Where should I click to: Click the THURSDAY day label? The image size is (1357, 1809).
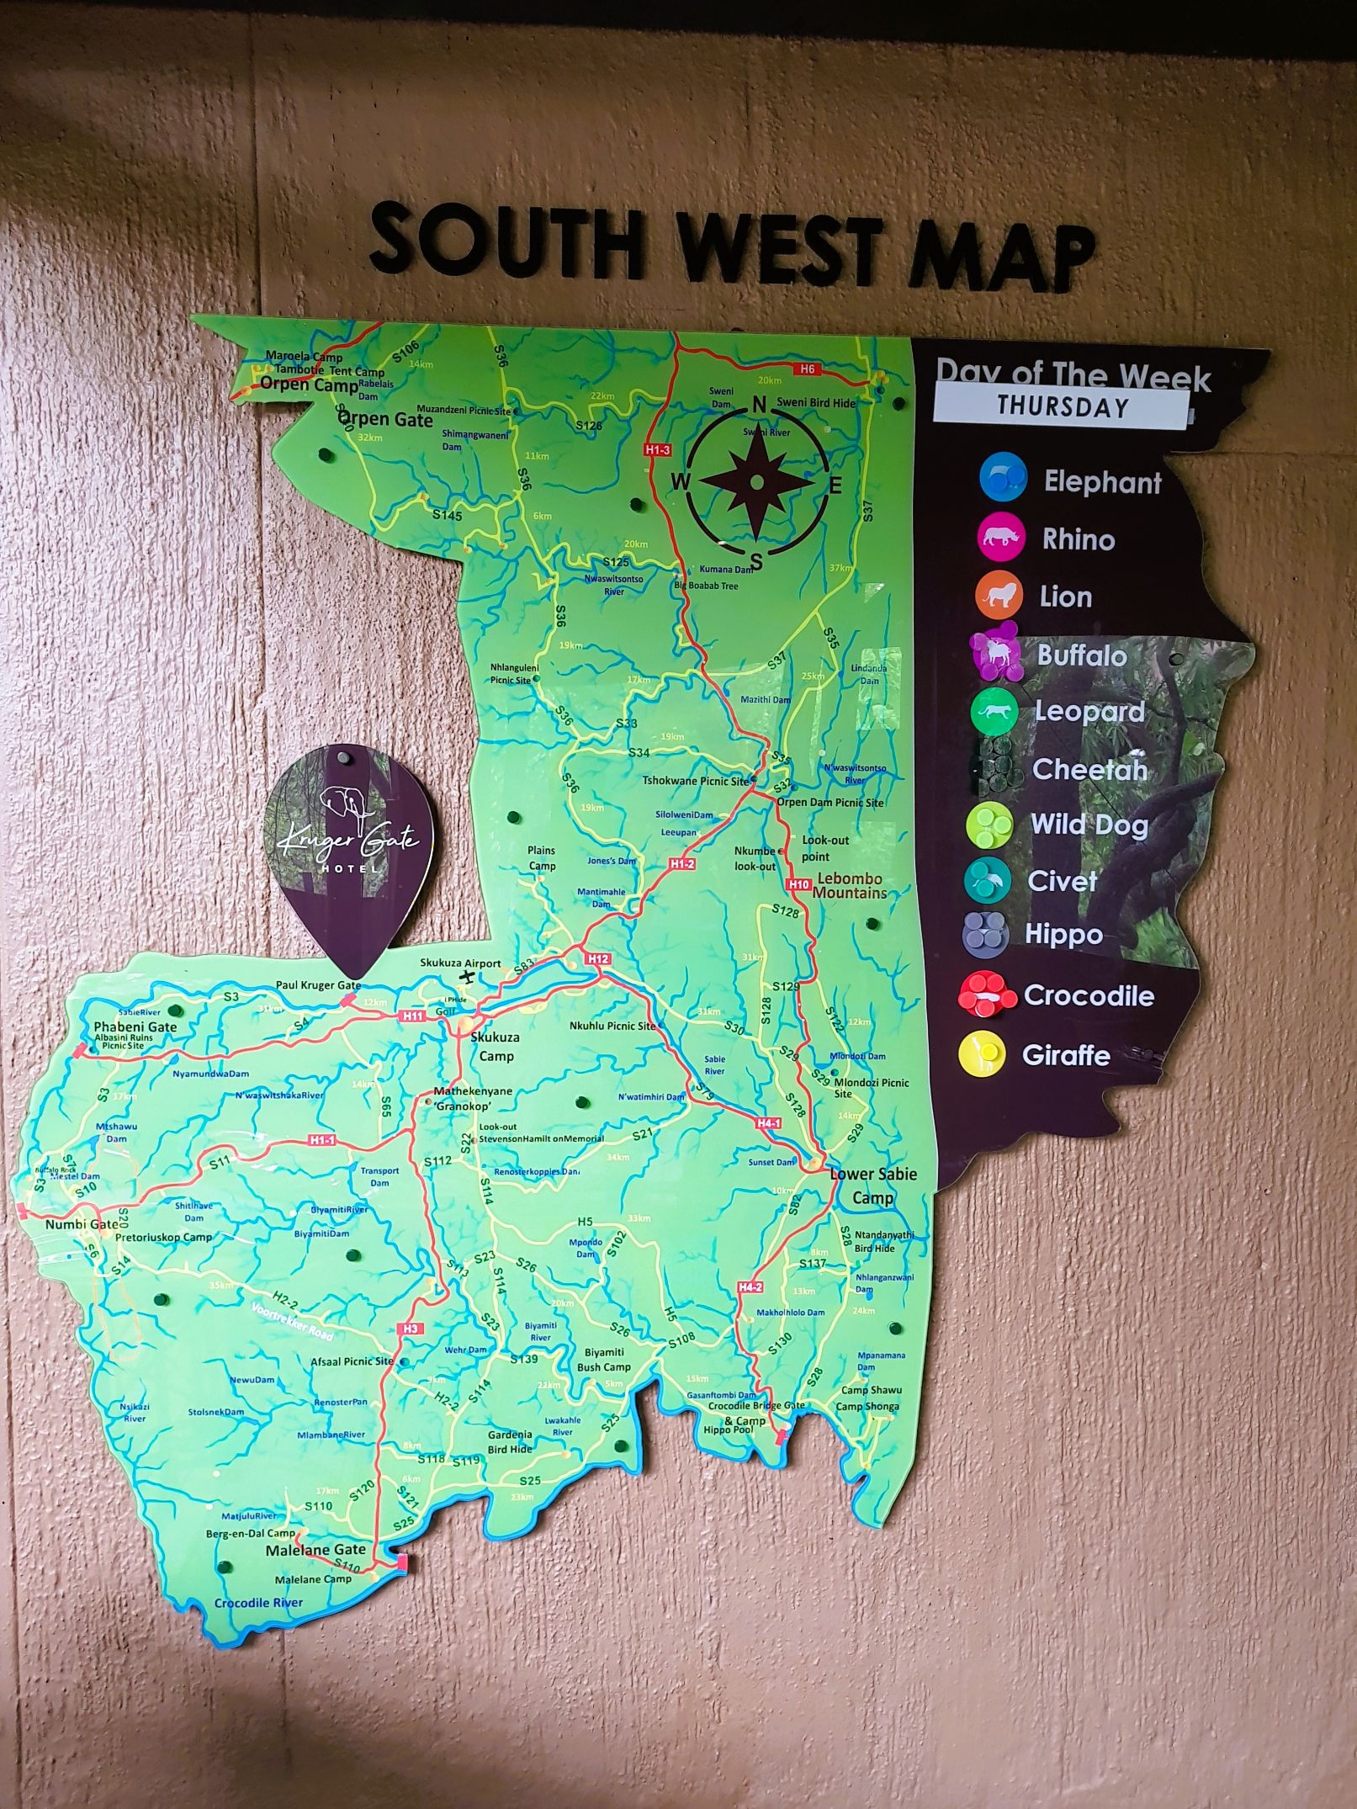point(1062,407)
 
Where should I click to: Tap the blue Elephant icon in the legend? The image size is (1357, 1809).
point(1003,478)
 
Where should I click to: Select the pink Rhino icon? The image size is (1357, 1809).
point(1000,537)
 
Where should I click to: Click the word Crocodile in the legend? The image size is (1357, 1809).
point(1089,995)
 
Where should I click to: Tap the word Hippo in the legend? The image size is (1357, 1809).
point(1063,934)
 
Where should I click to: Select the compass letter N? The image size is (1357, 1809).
point(758,405)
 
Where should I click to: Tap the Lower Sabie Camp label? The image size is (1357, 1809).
point(873,1186)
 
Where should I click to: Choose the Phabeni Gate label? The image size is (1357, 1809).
point(135,1027)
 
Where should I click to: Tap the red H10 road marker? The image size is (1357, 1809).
point(799,884)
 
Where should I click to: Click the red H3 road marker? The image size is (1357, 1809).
point(410,1329)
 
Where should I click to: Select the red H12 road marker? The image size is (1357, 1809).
point(598,959)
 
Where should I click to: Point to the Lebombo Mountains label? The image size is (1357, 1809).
point(850,886)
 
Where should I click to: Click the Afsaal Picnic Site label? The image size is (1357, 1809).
point(352,1361)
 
